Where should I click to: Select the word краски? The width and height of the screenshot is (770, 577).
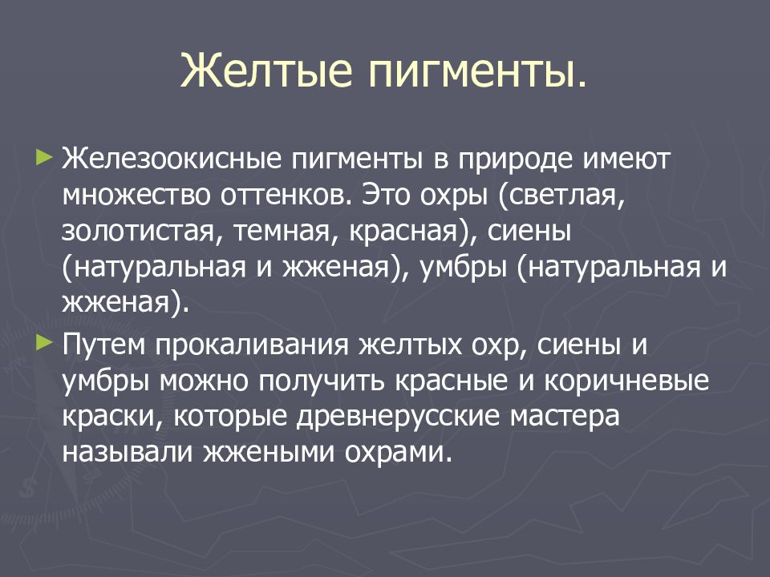tap(111, 418)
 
